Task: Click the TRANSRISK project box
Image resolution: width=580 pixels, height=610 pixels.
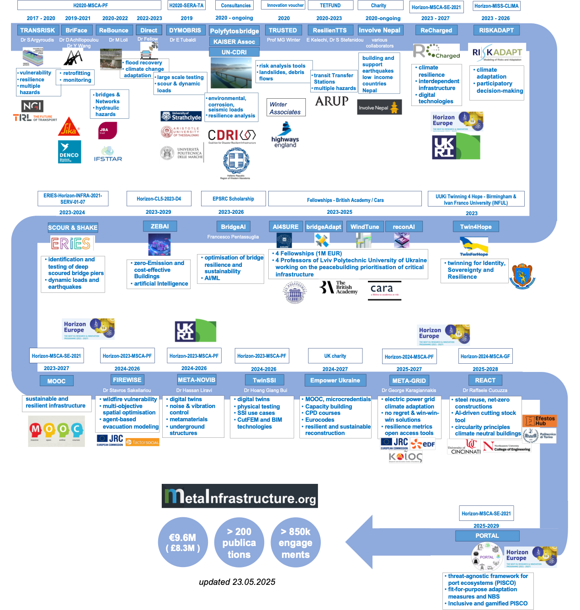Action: coord(37,30)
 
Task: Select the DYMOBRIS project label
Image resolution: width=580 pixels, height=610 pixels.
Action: coord(185,30)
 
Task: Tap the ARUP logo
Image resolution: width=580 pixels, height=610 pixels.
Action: coord(332,101)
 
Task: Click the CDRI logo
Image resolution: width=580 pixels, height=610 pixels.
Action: coord(232,136)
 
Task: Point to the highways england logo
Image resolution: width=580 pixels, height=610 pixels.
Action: coord(285,136)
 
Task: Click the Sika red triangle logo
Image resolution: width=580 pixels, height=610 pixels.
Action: coord(69,127)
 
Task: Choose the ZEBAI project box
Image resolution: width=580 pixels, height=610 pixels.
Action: coord(160,226)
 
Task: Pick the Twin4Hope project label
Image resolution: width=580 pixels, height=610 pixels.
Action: coord(476,227)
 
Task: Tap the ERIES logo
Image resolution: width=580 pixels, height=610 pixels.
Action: coord(71,244)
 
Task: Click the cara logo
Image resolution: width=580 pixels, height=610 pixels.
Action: coord(382,290)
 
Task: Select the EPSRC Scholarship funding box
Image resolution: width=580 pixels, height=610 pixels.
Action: coord(233,199)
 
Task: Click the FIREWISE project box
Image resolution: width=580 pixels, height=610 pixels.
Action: coord(127,380)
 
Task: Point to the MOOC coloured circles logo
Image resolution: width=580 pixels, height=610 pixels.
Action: coord(57,431)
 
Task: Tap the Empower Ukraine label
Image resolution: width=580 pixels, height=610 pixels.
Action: coord(335,380)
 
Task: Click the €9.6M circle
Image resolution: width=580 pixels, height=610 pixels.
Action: coord(182,542)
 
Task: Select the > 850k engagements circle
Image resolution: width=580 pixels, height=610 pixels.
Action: coord(296,542)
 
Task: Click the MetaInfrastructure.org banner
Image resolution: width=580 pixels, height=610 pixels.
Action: coord(239,496)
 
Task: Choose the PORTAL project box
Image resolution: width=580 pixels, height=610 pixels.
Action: coord(487,536)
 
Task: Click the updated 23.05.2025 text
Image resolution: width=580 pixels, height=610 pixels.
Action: coord(237,582)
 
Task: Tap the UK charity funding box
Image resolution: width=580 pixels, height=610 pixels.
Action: coord(335,356)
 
